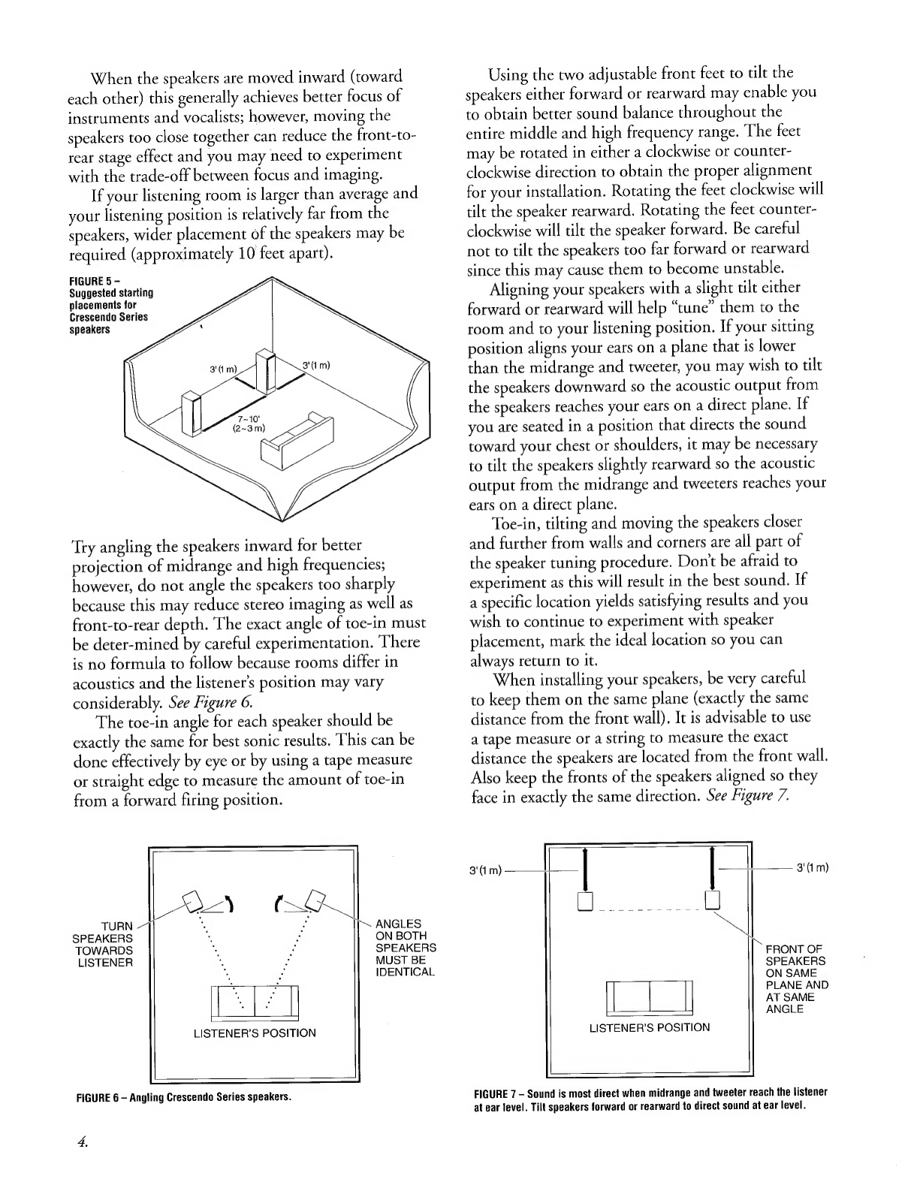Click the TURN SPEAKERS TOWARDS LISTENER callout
click(x=104, y=944)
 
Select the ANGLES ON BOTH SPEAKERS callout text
click(x=405, y=948)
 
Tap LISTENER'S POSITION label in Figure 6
click(x=255, y=1033)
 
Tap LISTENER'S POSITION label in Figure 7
click(x=649, y=1027)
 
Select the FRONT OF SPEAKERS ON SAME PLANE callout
click(x=796, y=978)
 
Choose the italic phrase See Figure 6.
click(x=211, y=703)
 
